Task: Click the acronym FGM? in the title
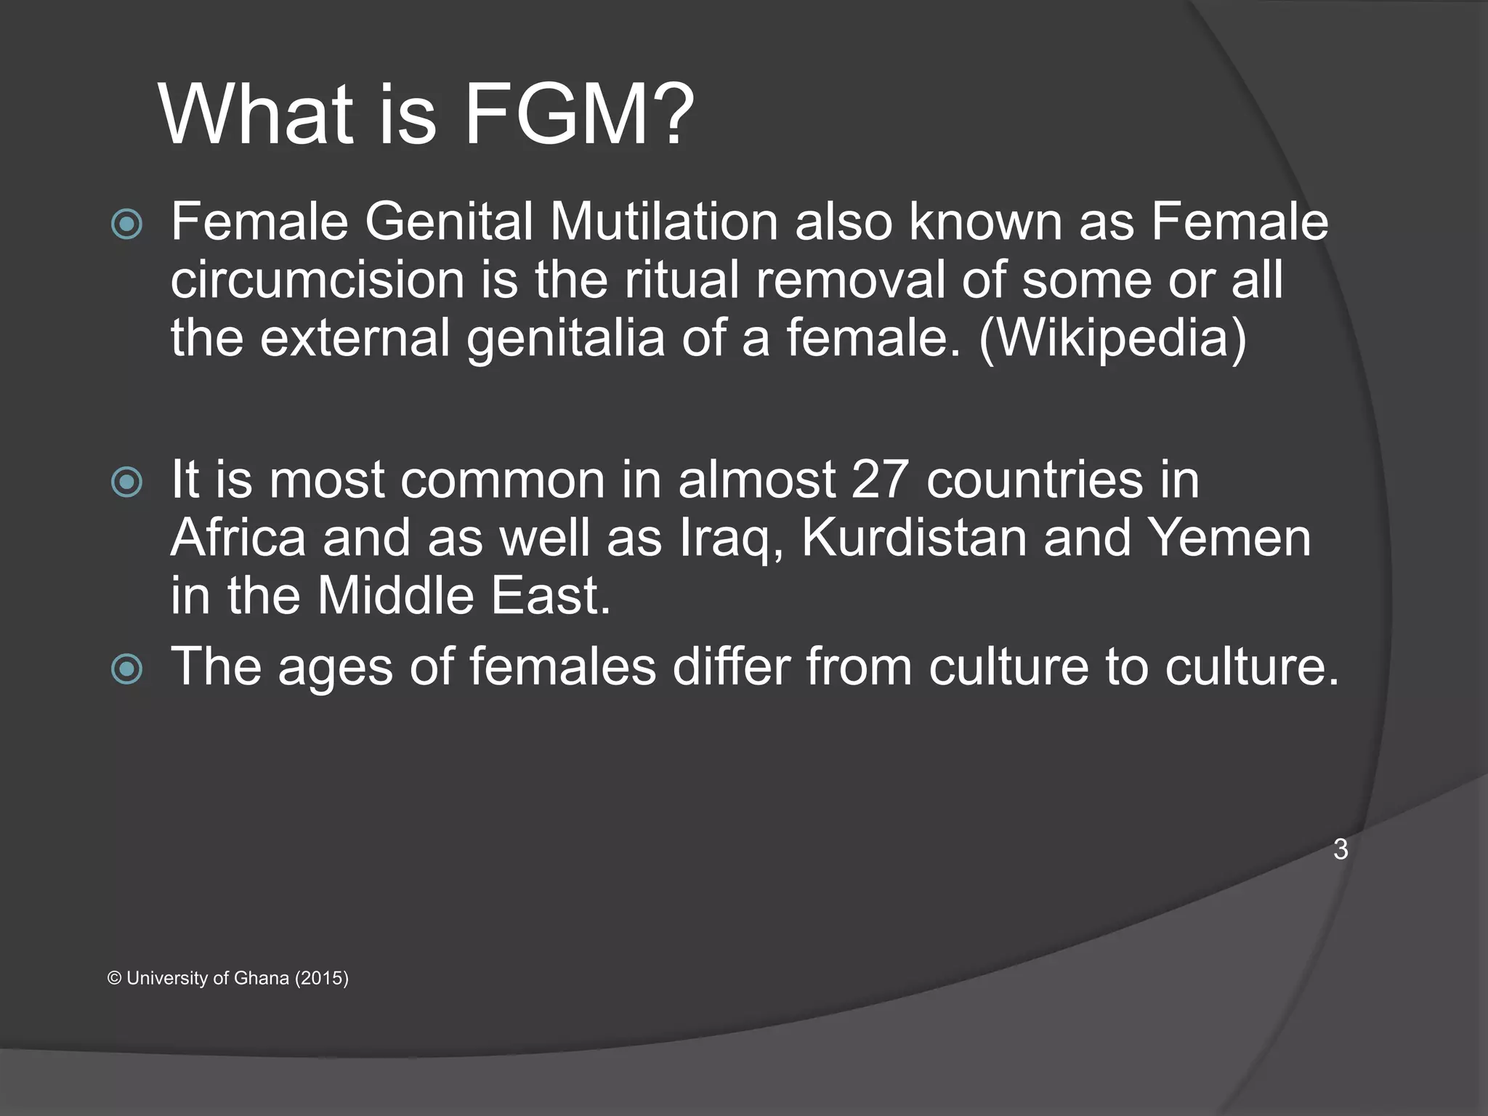click(578, 115)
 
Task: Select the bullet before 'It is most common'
click(127, 482)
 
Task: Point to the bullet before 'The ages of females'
click(127, 668)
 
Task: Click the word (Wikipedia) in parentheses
click(1112, 338)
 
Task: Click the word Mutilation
click(663, 222)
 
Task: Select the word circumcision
click(318, 280)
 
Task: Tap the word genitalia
click(565, 339)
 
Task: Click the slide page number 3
click(1341, 849)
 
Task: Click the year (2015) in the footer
click(321, 978)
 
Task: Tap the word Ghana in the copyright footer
click(262, 978)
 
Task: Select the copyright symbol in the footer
click(114, 978)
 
